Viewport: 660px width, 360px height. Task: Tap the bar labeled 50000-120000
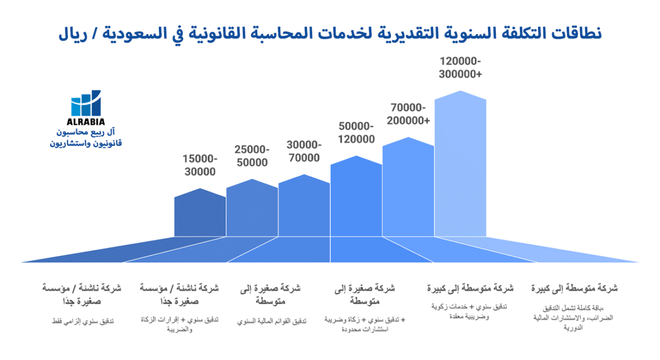356,198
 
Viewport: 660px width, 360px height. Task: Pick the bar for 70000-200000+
408,188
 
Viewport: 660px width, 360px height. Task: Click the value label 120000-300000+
460,68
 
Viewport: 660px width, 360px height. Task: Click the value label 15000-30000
200,166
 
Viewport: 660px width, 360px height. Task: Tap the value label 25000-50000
252,156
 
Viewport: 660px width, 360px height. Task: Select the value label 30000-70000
304,151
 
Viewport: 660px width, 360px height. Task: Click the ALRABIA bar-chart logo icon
86,103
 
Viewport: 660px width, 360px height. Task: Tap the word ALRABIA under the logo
86,122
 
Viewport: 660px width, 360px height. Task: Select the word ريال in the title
74,34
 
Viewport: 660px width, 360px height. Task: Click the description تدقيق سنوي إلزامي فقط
83,321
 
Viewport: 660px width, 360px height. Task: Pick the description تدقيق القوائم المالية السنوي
271,321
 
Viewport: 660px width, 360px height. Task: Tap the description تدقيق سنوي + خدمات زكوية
470,307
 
